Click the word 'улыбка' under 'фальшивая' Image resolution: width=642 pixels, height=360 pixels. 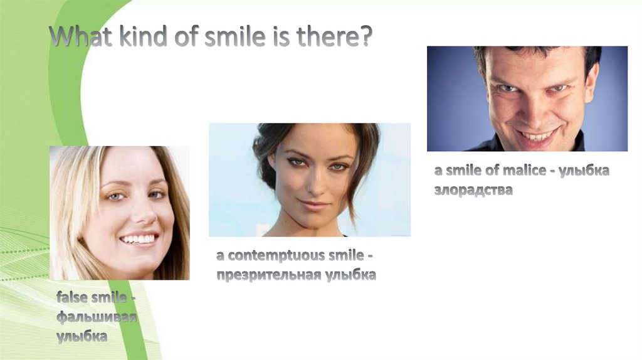pos(82,336)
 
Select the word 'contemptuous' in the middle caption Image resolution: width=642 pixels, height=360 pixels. pos(271,256)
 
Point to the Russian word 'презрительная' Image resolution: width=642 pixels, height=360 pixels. pos(269,275)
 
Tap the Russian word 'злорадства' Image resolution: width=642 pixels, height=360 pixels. pos(473,190)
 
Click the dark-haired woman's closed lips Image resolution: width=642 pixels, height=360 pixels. pos(315,204)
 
